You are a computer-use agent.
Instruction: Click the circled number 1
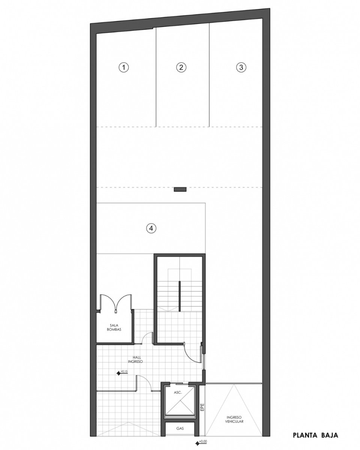[124, 67]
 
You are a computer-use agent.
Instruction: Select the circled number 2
[181, 67]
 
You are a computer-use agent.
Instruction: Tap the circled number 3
[241, 67]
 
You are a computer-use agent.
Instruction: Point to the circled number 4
[151, 228]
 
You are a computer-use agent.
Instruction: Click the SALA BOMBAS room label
[114, 327]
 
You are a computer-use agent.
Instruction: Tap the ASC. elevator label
[178, 393]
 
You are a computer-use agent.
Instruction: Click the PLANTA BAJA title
[315, 435]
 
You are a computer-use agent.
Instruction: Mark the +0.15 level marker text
[124, 371]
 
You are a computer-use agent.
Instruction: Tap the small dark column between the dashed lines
[180, 189]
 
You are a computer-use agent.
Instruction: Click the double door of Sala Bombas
[116, 303]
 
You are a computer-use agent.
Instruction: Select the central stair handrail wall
[180, 296]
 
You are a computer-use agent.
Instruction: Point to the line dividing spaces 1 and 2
[156, 77]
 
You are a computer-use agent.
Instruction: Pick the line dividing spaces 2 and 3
[209, 75]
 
